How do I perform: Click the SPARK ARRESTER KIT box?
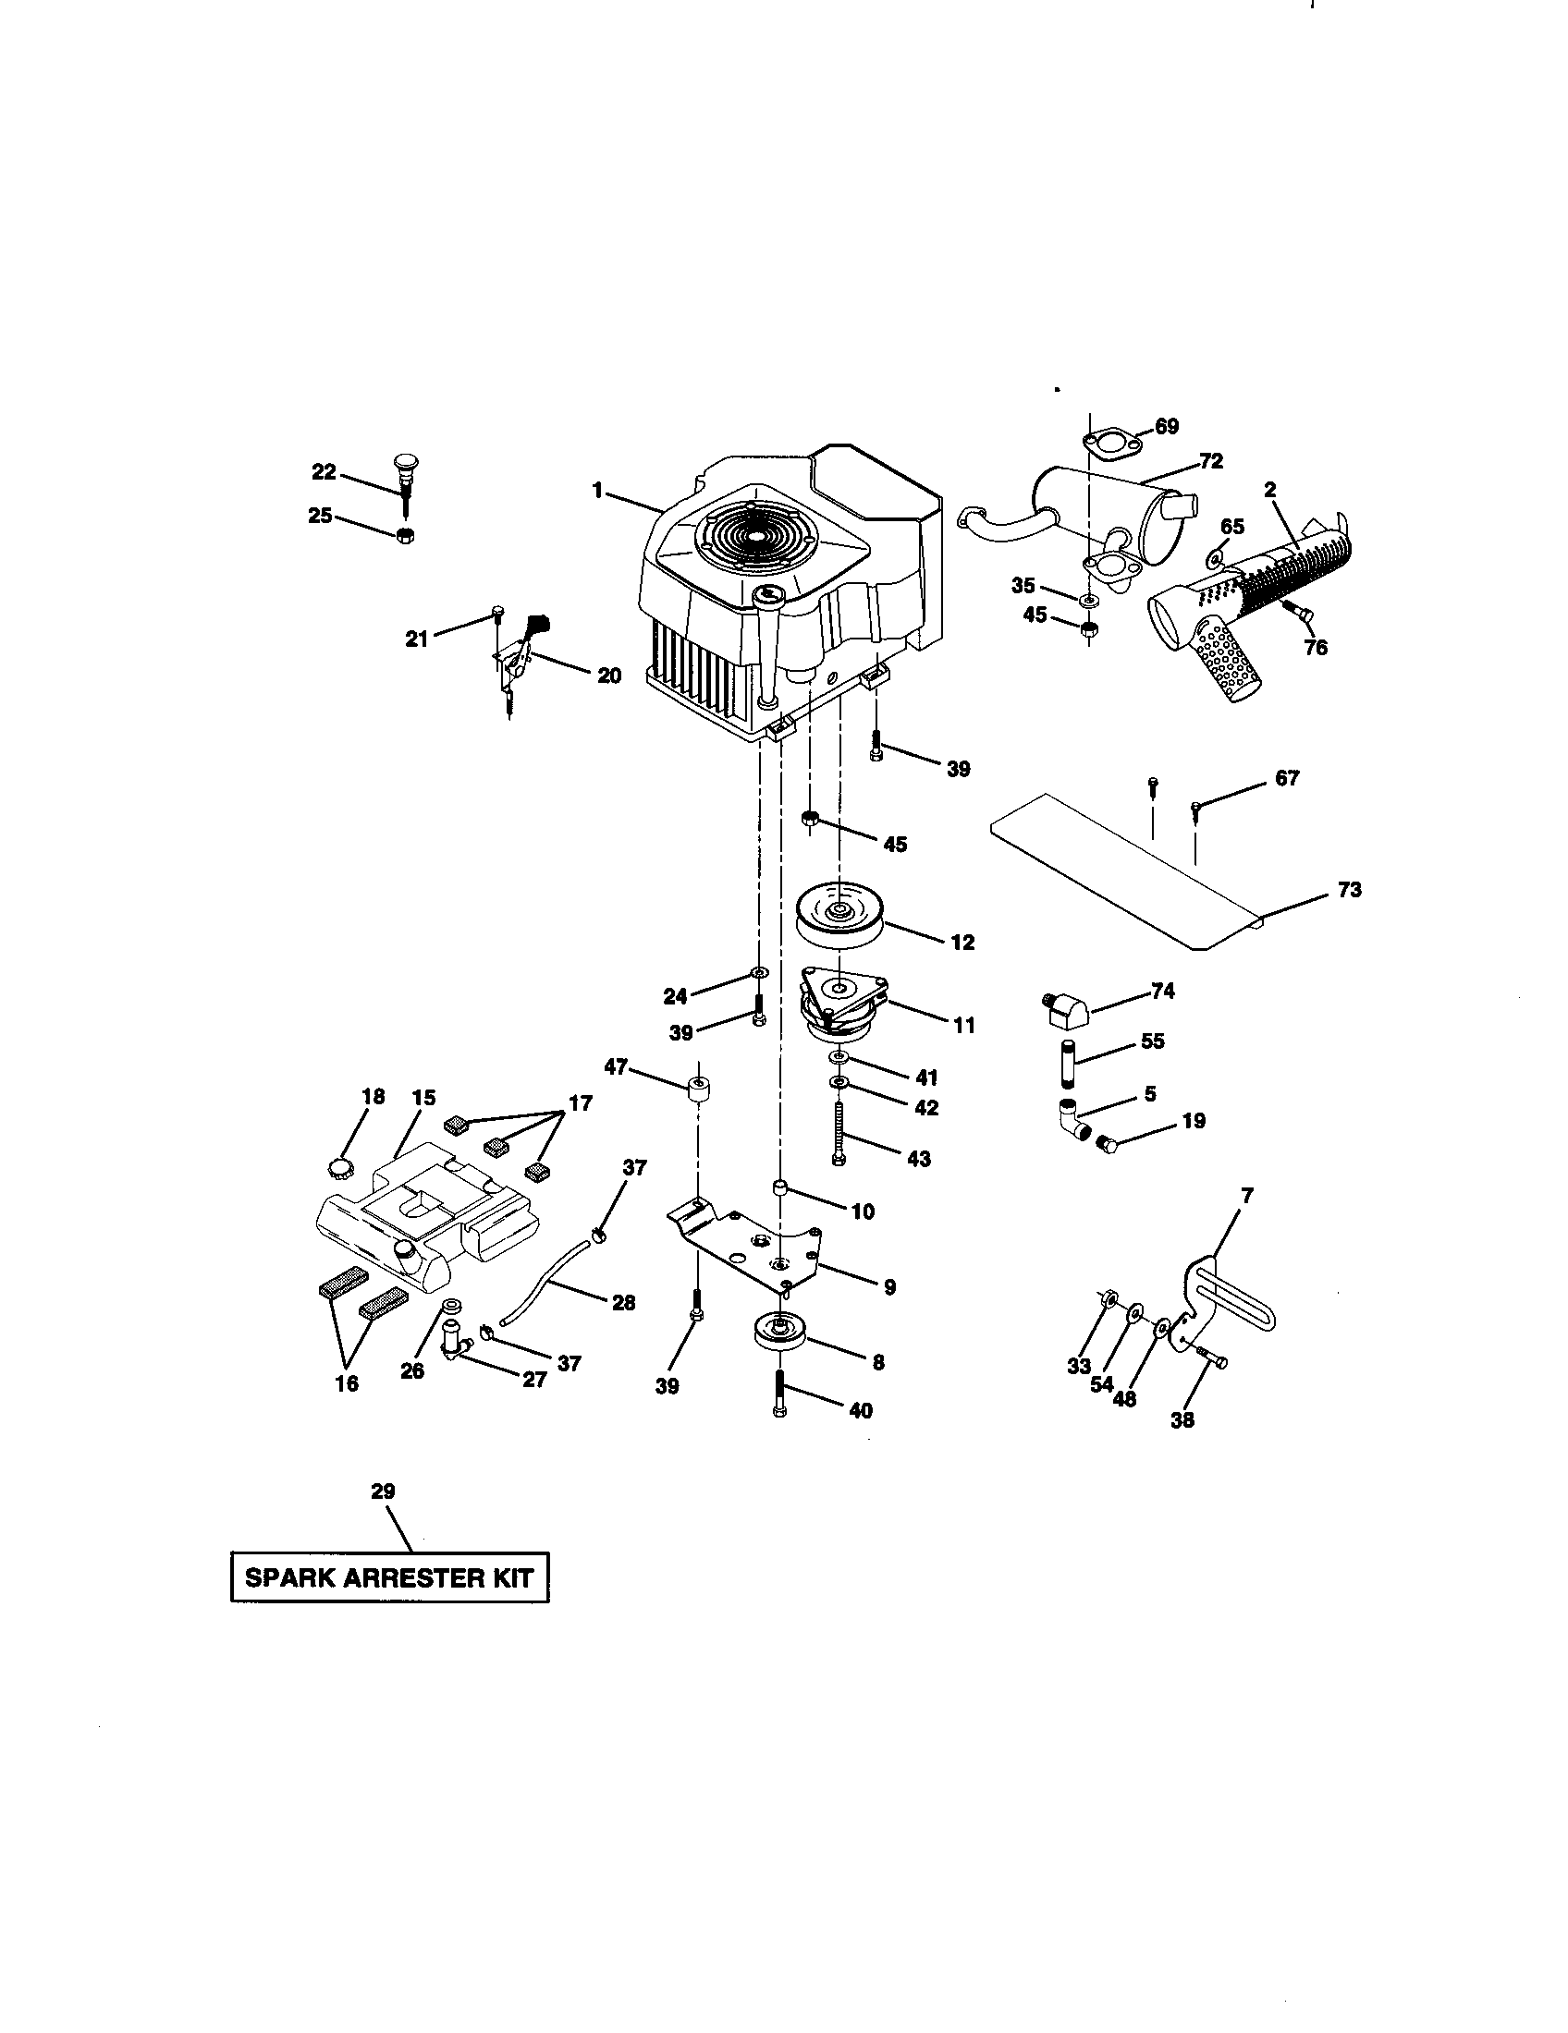(389, 1576)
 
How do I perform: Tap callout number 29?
(383, 1491)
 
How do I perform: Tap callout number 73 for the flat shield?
(1349, 890)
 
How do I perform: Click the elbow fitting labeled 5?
(1074, 1120)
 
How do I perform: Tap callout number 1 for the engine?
(598, 490)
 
